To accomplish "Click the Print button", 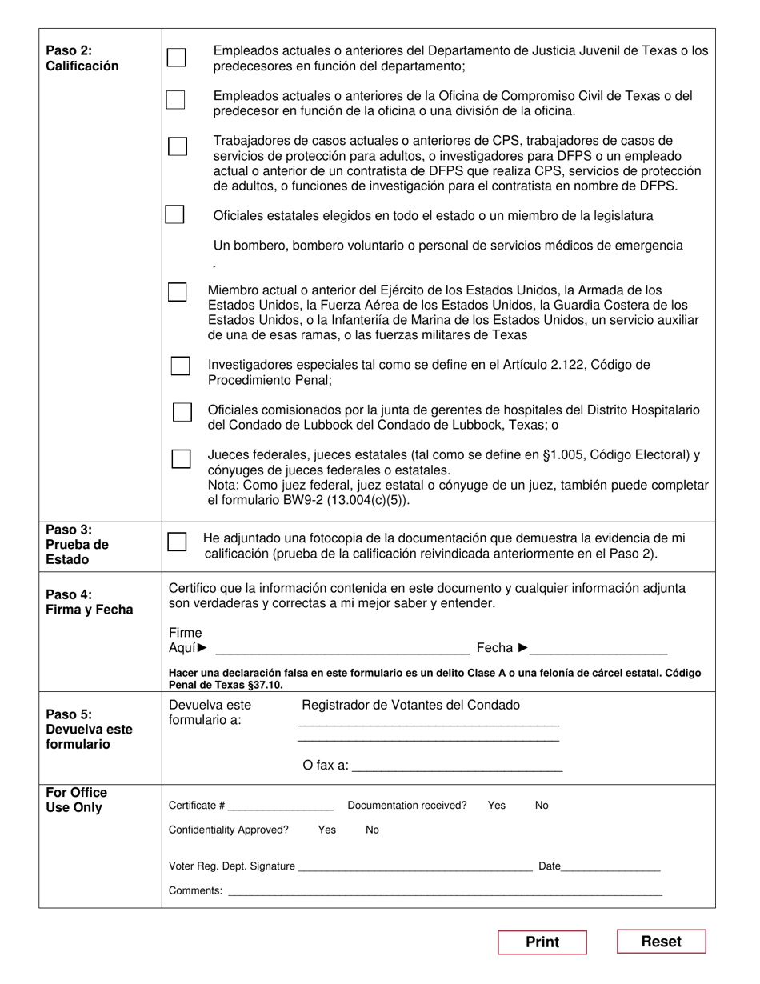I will (x=542, y=942).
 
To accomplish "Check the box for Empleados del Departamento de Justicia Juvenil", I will (x=176, y=58).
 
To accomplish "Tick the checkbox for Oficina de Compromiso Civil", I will (x=175, y=100).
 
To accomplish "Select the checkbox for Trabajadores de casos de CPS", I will (x=177, y=146).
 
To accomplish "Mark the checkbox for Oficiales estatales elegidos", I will (x=174, y=214).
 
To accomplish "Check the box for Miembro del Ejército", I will (x=177, y=292).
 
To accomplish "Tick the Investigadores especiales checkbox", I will (x=180, y=366).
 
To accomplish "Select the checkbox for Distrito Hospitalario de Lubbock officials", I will (x=182, y=412).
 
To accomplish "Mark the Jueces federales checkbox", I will (x=182, y=458).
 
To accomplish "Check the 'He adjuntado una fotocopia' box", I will (x=177, y=542).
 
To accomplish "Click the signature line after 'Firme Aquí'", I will (x=342, y=648).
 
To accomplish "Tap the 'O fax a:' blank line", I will (x=457, y=766).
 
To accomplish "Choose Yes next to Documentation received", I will (x=497, y=806).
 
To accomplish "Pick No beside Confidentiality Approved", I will (x=372, y=830).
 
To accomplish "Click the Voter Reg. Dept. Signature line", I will (x=414, y=866).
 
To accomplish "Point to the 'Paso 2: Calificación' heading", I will (x=82, y=58).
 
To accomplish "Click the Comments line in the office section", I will (x=445, y=890).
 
